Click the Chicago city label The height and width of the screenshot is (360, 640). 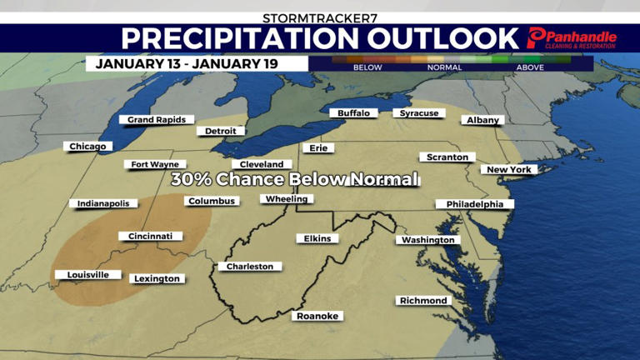87,147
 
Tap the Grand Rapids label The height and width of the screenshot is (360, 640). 157,120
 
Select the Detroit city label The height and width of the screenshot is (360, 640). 221,131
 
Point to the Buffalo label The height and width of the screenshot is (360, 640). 354,113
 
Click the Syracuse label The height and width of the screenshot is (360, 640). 418,113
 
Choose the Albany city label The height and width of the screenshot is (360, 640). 483,120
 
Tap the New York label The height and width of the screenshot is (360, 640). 508,170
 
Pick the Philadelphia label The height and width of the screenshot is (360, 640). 474,204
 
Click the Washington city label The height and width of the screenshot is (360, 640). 427,240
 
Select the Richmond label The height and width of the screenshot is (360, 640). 424,301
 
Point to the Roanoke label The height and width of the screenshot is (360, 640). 317,316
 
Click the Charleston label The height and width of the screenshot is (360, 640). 250,267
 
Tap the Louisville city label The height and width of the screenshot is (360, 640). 82,275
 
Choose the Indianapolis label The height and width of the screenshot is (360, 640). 103,203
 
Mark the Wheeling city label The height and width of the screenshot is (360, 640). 287,199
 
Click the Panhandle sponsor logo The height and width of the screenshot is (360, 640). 572,38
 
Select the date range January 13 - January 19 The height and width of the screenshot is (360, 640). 187,63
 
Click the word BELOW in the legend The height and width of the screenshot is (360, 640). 367,67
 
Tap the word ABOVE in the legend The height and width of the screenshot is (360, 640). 531,67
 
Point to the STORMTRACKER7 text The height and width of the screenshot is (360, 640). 319,17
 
